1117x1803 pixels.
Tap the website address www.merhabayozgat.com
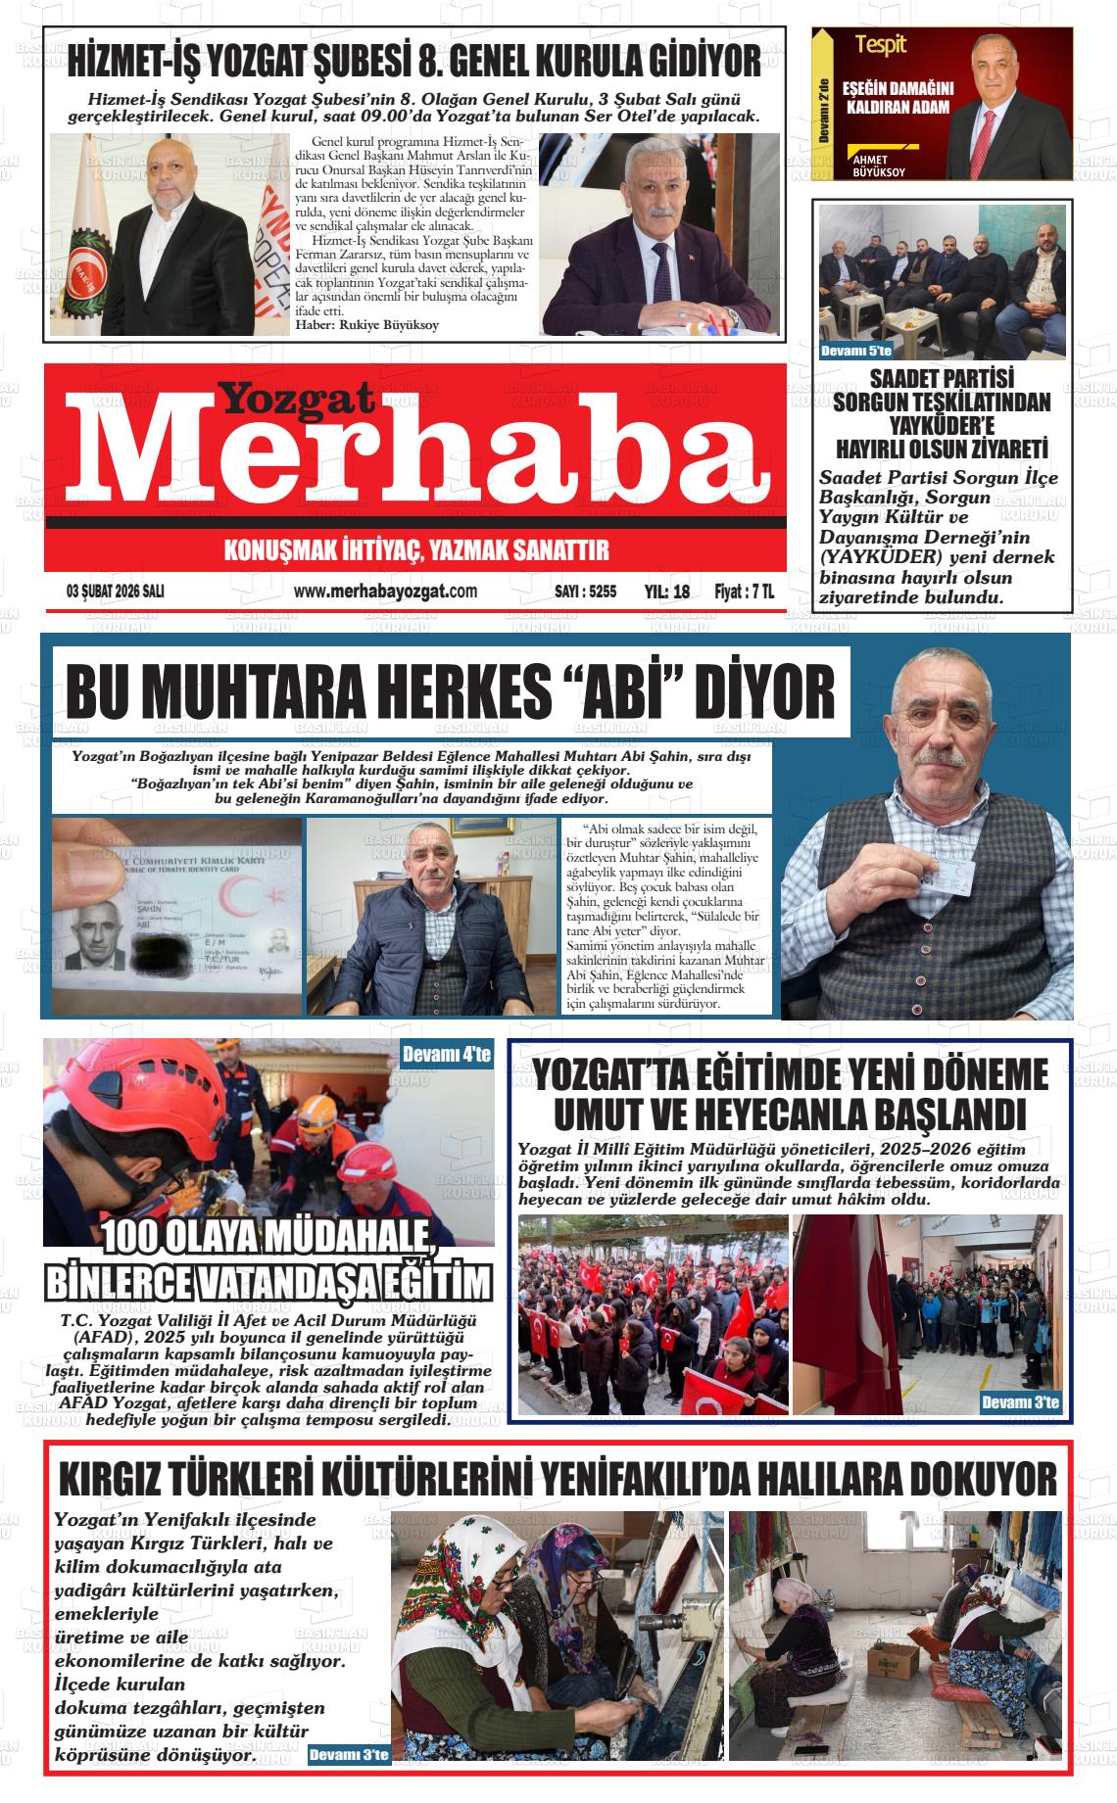(x=385, y=592)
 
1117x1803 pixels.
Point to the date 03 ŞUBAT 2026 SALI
(x=115, y=592)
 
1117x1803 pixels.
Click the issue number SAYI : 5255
(x=585, y=592)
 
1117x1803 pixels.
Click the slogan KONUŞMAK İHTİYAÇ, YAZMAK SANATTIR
(x=416, y=549)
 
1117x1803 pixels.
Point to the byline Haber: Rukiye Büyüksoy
(x=366, y=325)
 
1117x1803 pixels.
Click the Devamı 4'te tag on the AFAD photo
(x=447, y=1055)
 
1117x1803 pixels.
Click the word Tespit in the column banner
(x=880, y=43)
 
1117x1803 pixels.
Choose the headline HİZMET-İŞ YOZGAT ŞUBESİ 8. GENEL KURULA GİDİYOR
(x=414, y=63)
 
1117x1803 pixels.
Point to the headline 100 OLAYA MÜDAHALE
(x=268, y=1238)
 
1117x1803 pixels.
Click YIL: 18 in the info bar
(x=667, y=592)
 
